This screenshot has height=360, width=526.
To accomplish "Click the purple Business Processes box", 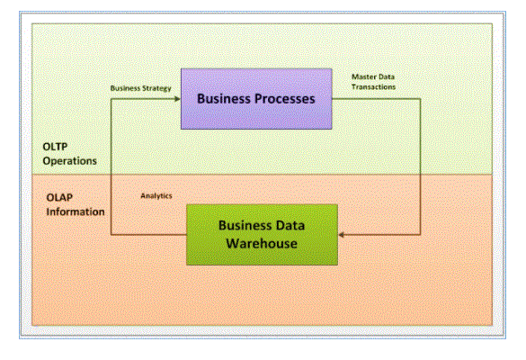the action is point(256,99).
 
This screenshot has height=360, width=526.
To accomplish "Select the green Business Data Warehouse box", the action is point(262,235).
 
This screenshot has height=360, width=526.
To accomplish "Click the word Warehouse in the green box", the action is point(262,244).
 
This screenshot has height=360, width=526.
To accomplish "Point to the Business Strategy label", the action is point(141,88).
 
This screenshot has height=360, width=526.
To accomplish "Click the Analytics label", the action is point(156,196).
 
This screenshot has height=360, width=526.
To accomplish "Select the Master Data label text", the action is point(373,76).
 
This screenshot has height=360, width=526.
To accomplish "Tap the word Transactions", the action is point(373,87).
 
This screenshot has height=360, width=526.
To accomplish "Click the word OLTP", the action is point(55,147).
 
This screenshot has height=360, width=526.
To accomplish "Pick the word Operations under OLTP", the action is point(70,161).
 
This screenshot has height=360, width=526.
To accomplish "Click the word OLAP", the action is point(59,197).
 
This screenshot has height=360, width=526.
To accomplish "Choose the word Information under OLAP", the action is point(76,211).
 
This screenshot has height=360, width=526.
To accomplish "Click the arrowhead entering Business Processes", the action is point(178,99).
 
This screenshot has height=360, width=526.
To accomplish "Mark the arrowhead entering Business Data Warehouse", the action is point(341,235).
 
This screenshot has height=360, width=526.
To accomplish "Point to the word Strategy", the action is point(156,89).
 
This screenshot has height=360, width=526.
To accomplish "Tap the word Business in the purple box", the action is point(224,99).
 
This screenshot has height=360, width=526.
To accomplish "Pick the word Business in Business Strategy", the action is point(125,88).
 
